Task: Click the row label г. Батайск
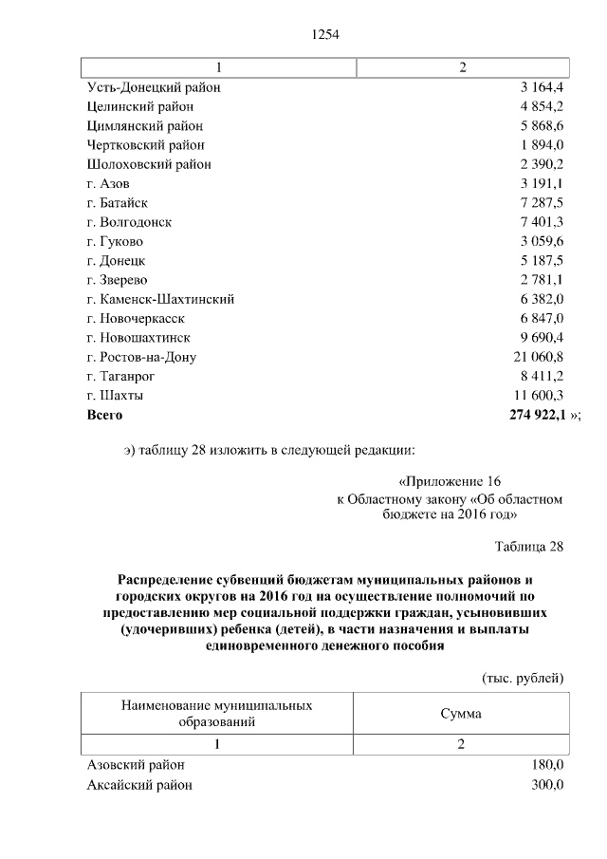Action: click(117, 202)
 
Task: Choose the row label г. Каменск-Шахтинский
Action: click(160, 298)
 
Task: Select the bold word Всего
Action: click(104, 414)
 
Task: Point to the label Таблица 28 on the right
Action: click(529, 547)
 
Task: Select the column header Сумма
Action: click(461, 713)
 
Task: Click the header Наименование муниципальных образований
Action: click(217, 713)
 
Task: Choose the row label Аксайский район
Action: click(139, 784)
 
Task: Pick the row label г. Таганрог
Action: click(120, 375)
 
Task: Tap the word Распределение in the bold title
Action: click(167, 578)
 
